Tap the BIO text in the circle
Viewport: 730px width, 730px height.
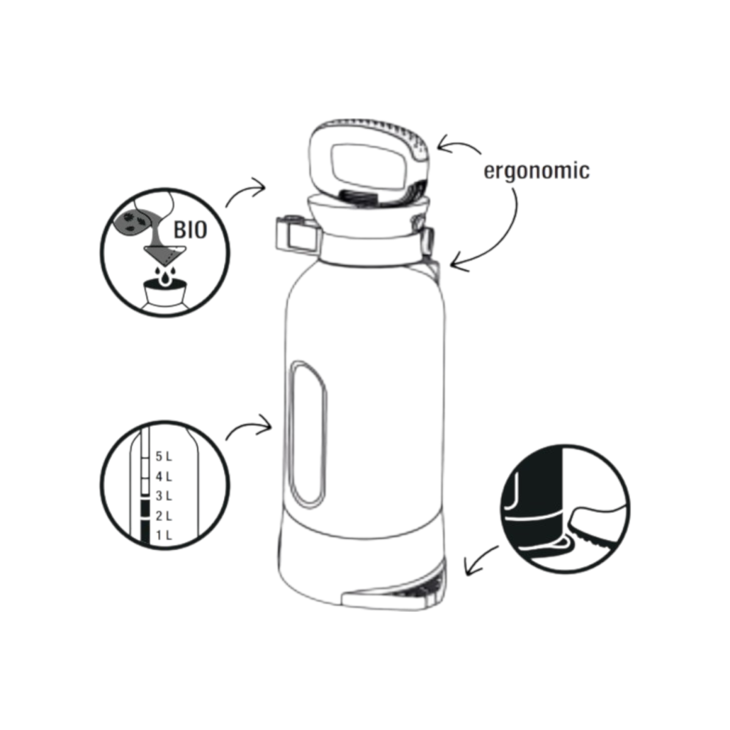[190, 230]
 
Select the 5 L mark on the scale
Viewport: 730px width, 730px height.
[164, 456]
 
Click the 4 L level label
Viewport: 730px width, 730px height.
[164, 476]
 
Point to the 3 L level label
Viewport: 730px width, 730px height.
[164, 496]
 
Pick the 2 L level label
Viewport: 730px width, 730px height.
[164, 516]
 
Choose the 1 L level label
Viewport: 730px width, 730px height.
[164, 535]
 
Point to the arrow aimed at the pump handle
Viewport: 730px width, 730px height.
[457, 145]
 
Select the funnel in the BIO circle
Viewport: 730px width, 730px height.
[164, 254]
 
